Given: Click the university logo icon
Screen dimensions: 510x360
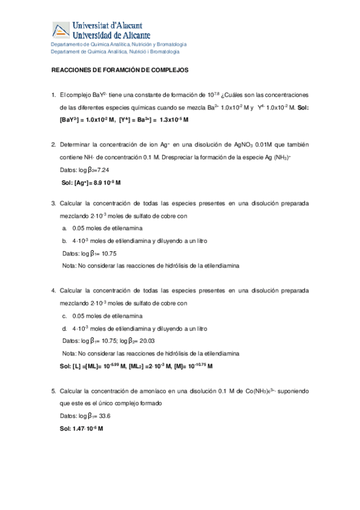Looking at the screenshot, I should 61,31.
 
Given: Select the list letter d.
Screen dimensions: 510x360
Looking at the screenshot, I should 65,328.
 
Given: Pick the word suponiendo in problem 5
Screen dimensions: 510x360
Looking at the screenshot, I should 293,391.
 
